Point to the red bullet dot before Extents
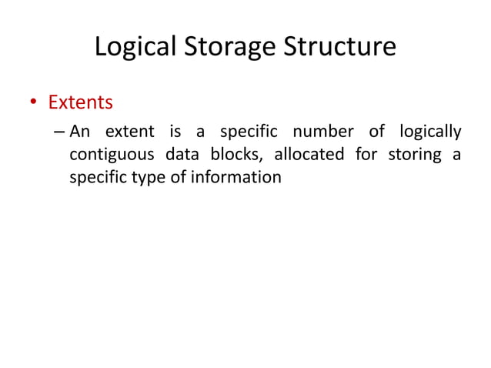pyautogui.click(x=34, y=102)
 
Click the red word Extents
pyautogui.click(x=81, y=102)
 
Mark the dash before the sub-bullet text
pyautogui.click(x=60, y=132)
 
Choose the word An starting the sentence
pyautogui.click(x=81, y=132)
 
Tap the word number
pyautogui.click(x=320, y=132)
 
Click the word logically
pyautogui.click(x=428, y=133)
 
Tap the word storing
pyautogui.click(x=414, y=156)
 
